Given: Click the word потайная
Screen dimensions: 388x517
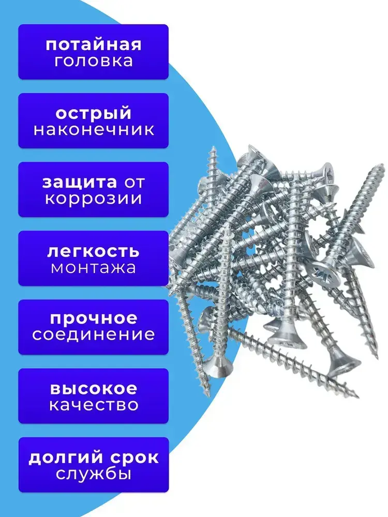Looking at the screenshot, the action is [93, 44].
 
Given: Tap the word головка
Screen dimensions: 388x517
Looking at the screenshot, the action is [93, 60].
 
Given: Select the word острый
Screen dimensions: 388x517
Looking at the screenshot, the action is [93, 113].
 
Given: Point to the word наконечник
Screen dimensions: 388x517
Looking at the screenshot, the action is [93, 129].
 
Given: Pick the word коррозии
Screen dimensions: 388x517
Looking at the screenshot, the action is [93, 199].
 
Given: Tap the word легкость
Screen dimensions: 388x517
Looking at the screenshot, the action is [93, 251].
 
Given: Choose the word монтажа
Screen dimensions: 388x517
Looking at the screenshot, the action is [93, 268].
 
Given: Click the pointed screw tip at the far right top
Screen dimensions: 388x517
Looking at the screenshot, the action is [382, 166].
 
